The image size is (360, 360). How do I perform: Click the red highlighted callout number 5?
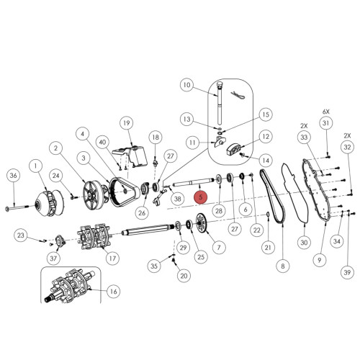click(x=202, y=195)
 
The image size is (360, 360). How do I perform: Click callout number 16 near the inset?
click(x=112, y=292)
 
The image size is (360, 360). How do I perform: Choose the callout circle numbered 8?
click(x=282, y=266)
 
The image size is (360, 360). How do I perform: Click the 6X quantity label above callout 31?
click(x=325, y=112)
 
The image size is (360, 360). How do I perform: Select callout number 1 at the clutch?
click(x=33, y=166)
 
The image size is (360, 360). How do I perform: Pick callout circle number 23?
click(x=21, y=235)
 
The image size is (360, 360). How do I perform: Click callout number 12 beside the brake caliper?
click(x=265, y=136)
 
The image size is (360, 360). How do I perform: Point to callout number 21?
click(x=267, y=247)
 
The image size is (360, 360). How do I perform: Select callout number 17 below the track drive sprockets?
click(x=112, y=258)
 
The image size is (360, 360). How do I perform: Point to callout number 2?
click(x=55, y=148)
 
